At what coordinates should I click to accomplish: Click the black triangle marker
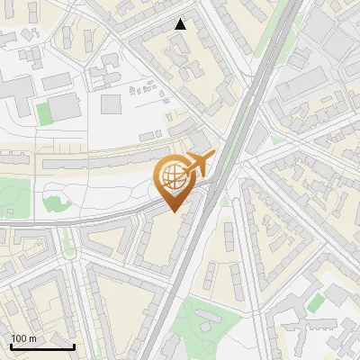(181, 24)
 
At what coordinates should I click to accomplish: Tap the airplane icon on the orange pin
(197, 164)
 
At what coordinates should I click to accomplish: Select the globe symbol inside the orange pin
(171, 178)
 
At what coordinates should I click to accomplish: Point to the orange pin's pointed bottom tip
(172, 211)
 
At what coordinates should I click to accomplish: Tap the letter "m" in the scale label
(33, 337)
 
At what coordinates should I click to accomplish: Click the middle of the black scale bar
(42, 346)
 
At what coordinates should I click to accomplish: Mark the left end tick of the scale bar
(11, 346)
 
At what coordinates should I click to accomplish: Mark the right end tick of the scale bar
(74, 346)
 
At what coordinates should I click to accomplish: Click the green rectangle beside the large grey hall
(44, 113)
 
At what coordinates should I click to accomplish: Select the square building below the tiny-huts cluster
(110, 104)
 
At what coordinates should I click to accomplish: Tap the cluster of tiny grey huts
(143, 89)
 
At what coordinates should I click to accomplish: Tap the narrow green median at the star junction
(66, 238)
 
